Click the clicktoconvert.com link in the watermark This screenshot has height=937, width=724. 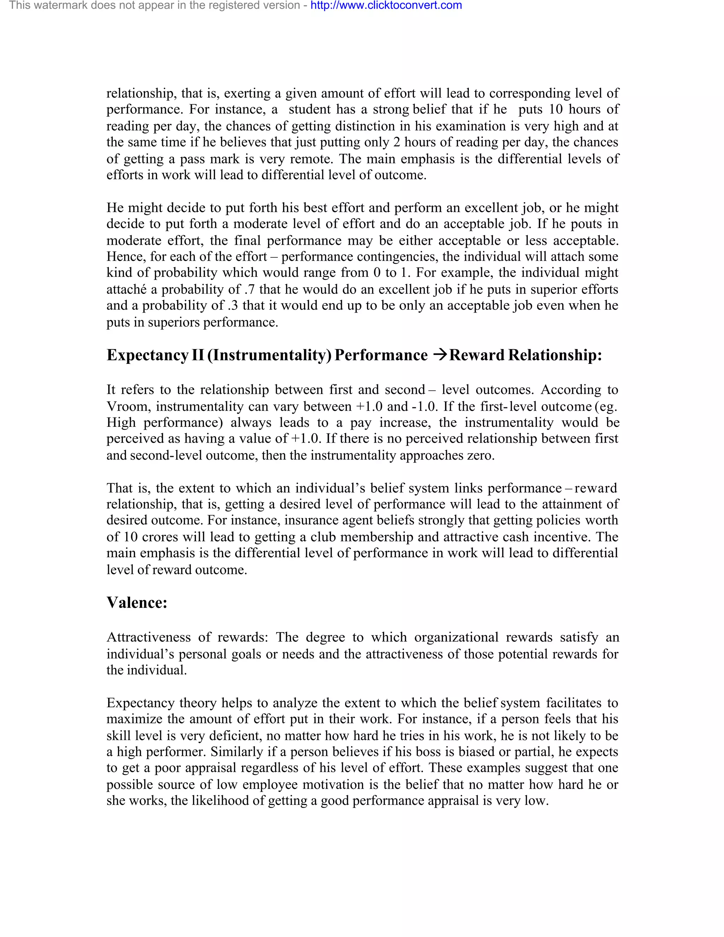click(x=386, y=6)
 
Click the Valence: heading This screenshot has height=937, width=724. click(x=137, y=603)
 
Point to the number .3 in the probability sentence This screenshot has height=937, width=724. click(x=231, y=305)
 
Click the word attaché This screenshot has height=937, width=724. click(x=126, y=289)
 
